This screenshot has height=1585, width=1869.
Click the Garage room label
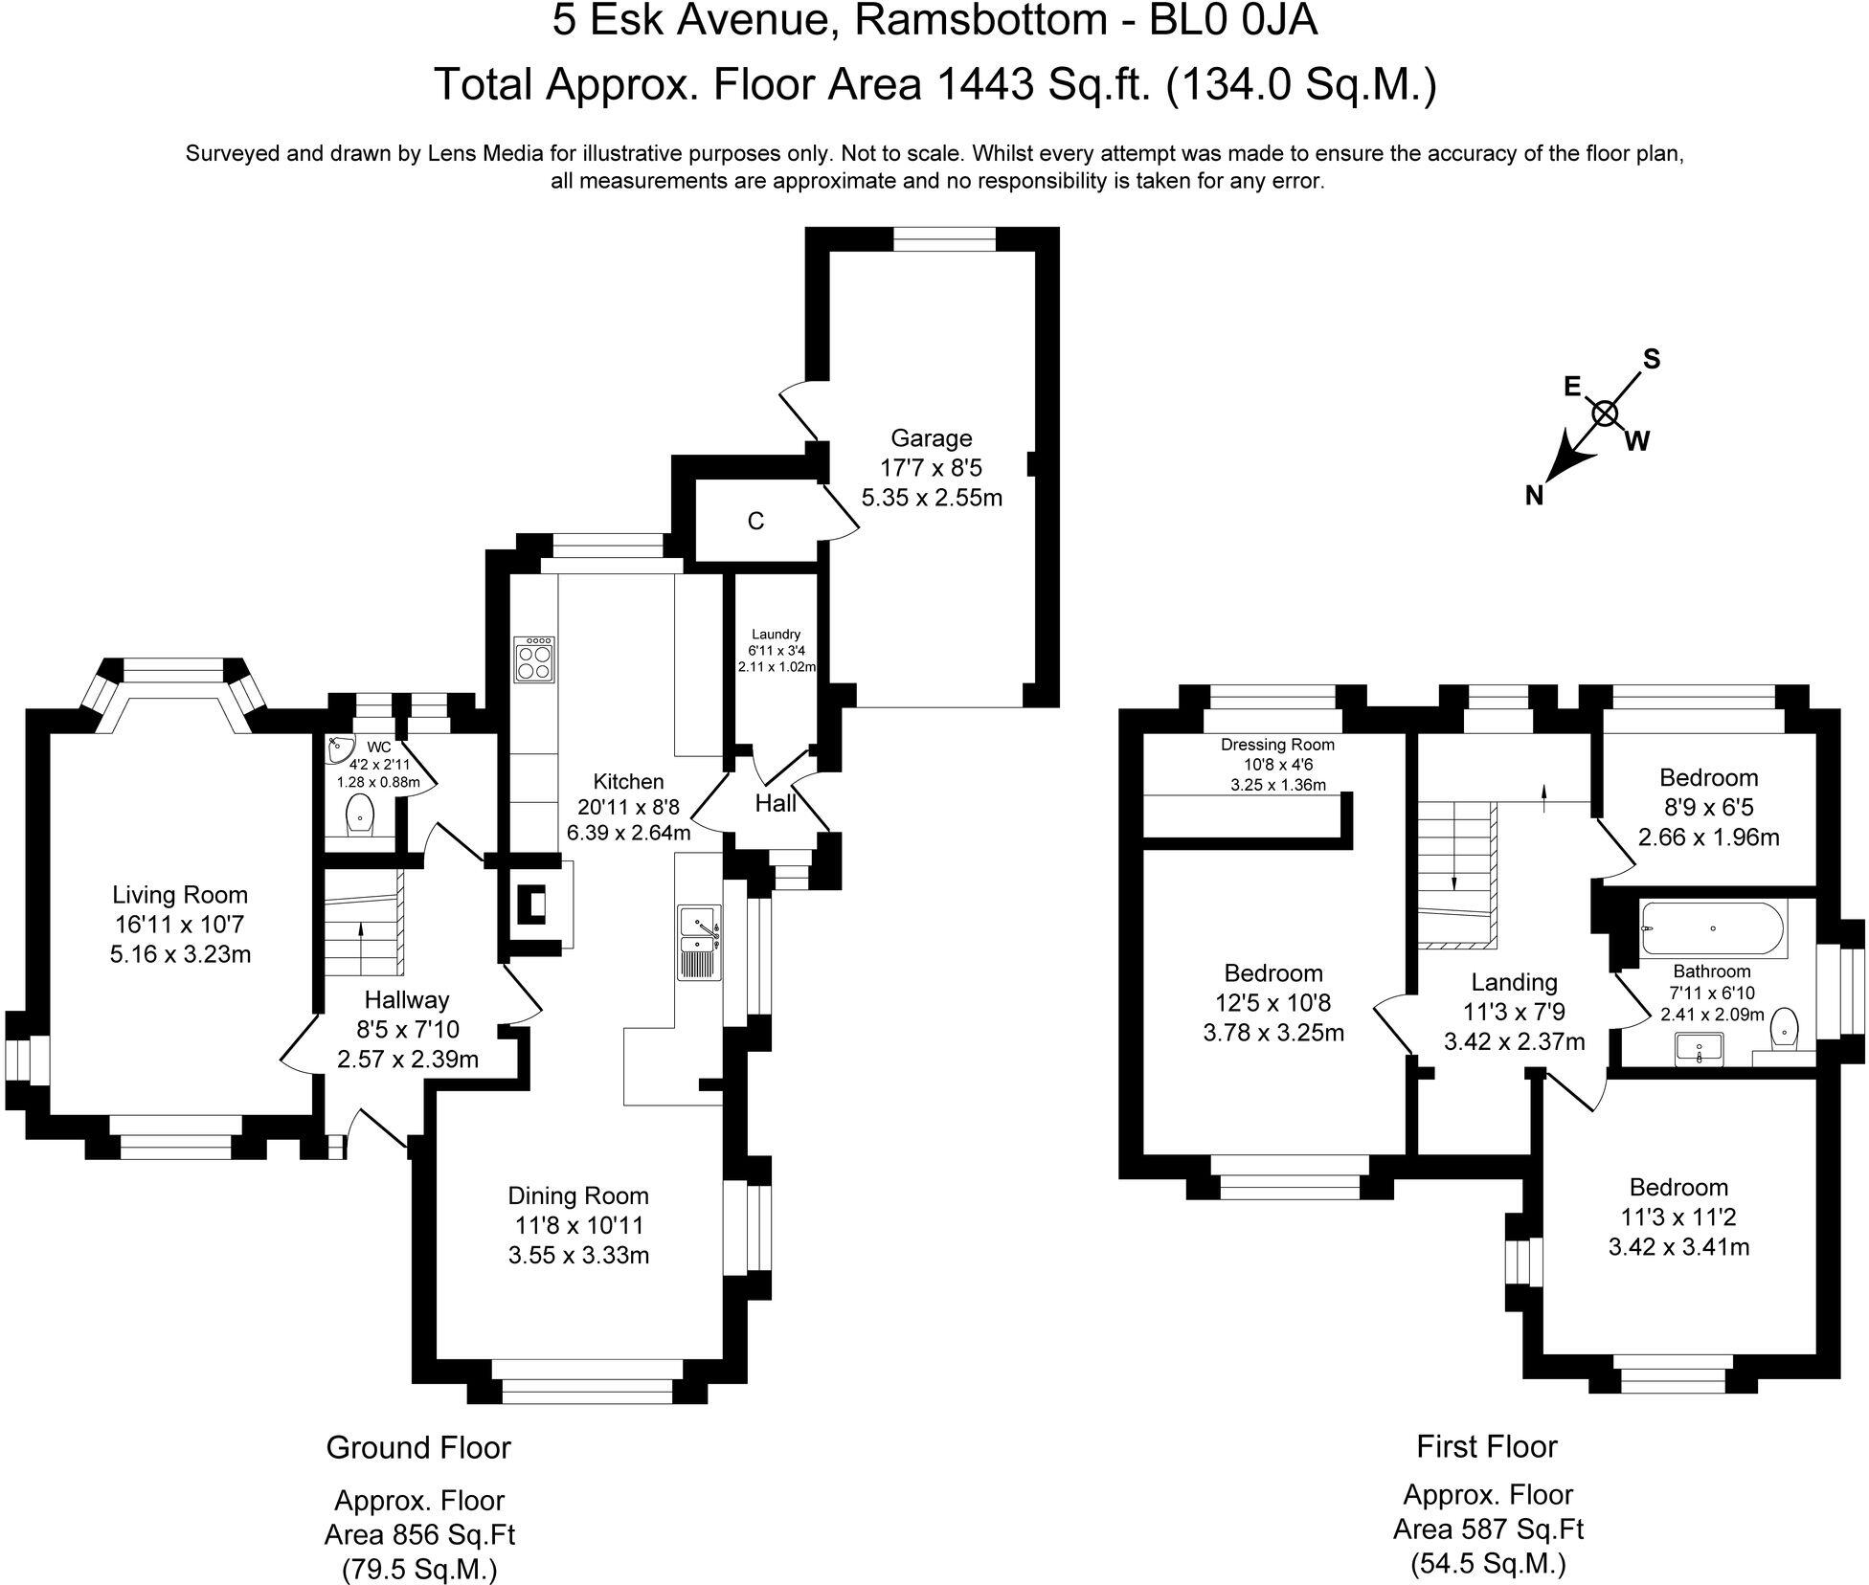tap(931, 438)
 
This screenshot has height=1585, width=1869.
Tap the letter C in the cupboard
tap(755, 522)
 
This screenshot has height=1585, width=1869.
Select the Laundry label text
tap(776, 634)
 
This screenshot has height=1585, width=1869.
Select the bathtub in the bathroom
tap(1711, 929)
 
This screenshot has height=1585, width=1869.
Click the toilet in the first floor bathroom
tap(1785, 1030)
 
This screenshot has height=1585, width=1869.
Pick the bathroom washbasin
tap(1699, 1050)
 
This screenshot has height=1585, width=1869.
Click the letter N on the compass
tap(1534, 495)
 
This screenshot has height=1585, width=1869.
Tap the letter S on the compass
tap(1652, 359)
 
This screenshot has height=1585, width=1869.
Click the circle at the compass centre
tap(1605, 413)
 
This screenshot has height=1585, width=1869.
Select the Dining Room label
tap(578, 1195)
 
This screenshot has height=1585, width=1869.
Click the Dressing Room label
tap(1277, 745)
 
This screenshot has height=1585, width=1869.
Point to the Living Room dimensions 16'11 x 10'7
tap(180, 925)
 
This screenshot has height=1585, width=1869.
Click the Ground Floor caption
tap(418, 1447)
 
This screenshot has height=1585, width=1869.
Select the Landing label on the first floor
tap(1514, 982)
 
